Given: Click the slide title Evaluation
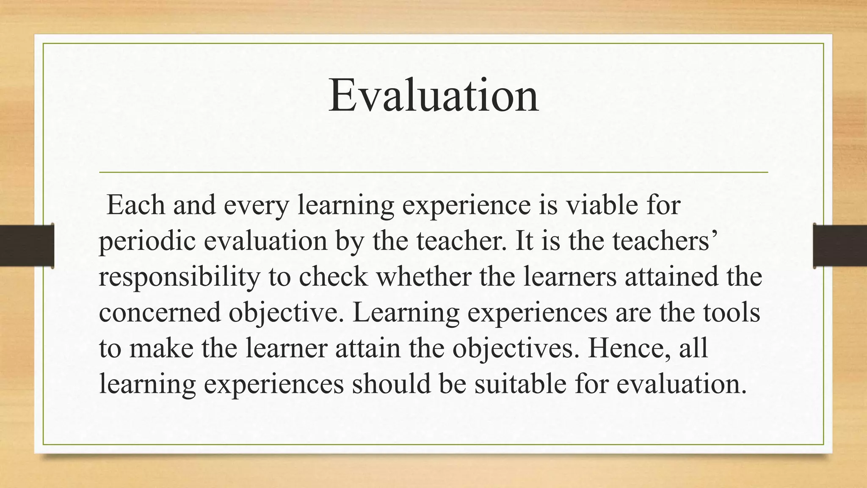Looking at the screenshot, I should click(433, 96).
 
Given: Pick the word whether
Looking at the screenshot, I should click(423, 277).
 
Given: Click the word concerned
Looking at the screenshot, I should click(160, 312).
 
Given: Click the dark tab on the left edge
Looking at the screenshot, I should click(27, 246).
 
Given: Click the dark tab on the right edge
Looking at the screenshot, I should click(840, 246).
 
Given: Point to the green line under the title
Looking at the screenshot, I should click(433, 172).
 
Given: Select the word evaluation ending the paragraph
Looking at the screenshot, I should click(681, 384).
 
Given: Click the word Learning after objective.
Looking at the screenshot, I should click(406, 313).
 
